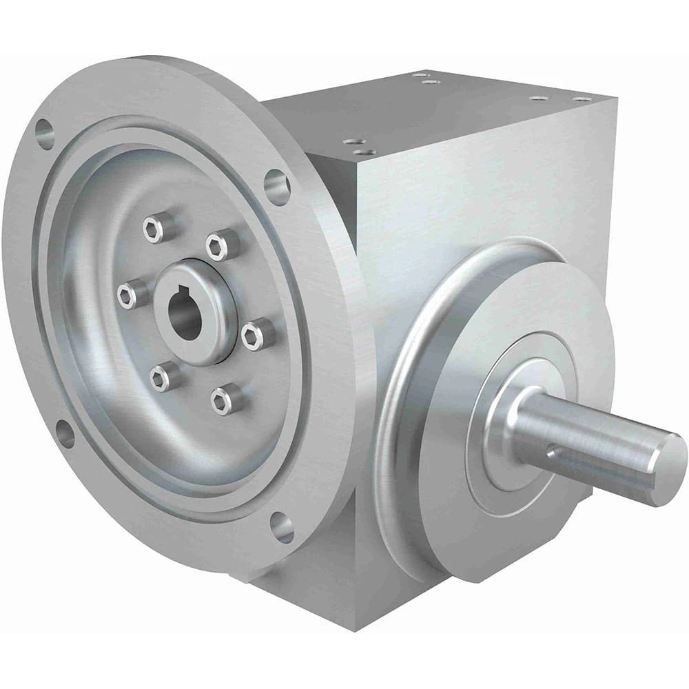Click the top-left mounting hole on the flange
tap(45, 133)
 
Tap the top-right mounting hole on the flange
tap(277, 186)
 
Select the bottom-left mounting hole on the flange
tap(65, 434)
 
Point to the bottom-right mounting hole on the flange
tap(282, 527)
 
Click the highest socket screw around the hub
tap(154, 227)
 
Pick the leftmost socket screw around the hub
tap(127, 296)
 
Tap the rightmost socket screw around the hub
tap(252, 334)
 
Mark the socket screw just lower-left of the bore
tap(161, 376)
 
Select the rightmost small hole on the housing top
tap(583, 99)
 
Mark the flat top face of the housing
tap(441, 110)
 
